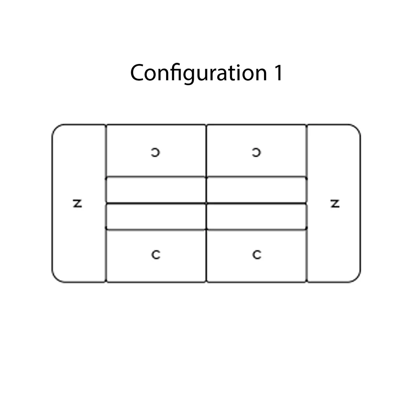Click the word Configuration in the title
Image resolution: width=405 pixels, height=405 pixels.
tap(198, 73)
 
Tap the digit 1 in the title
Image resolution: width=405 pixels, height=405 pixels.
tap(279, 73)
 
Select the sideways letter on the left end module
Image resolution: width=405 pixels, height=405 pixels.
tap(77, 204)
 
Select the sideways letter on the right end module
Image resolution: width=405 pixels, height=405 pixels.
tap(335, 204)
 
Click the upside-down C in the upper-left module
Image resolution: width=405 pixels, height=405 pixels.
tap(156, 152)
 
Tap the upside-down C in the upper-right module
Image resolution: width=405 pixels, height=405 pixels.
tap(256, 152)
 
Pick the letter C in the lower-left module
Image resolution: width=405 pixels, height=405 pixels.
tap(156, 255)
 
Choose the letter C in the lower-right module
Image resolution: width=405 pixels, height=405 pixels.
tap(257, 255)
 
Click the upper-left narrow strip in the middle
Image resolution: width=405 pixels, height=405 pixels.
tap(156, 190)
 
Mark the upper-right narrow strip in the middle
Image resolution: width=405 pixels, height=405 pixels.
tap(257, 190)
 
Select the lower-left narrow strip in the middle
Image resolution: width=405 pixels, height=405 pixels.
tap(156, 216)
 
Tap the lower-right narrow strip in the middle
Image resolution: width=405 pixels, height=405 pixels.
tap(257, 216)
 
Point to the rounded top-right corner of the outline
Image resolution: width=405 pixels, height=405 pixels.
tap(356, 128)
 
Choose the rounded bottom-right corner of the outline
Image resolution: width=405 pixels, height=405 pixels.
tap(356, 279)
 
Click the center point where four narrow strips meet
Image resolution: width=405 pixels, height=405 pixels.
tap(207, 204)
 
